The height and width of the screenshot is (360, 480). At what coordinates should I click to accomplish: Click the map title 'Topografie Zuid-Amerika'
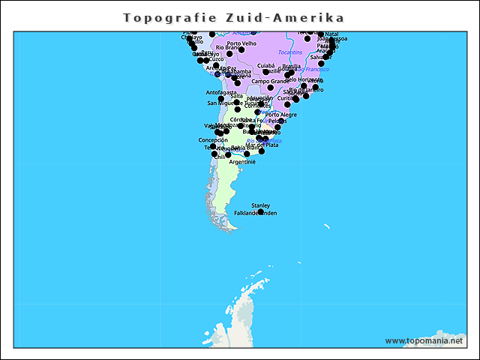234,17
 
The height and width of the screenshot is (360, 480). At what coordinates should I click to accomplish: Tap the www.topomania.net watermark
424,340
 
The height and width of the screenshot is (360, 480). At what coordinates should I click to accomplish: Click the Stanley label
261,205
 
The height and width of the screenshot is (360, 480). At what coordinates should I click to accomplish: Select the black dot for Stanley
261,212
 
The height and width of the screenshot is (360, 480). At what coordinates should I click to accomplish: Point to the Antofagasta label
220,92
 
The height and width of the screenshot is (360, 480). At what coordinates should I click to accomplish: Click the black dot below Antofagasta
221,99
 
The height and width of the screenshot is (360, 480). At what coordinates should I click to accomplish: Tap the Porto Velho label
241,43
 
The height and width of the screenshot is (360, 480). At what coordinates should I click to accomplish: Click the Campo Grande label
269,81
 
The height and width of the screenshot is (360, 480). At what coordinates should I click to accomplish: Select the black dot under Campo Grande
270,88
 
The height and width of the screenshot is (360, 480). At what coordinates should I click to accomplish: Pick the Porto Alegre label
281,115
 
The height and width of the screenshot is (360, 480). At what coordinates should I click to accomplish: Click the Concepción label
213,139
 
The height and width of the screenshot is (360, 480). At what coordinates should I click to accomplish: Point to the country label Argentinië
242,162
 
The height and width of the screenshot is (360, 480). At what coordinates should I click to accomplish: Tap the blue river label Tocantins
290,52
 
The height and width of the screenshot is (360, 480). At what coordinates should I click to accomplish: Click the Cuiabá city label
265,65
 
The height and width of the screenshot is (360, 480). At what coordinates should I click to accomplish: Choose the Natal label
331,34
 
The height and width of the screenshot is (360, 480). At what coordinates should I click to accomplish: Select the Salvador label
321,57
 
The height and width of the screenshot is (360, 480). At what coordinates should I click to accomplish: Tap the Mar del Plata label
262,145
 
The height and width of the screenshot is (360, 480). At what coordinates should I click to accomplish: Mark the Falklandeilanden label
255,213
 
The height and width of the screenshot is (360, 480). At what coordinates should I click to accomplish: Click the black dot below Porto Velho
241,50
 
